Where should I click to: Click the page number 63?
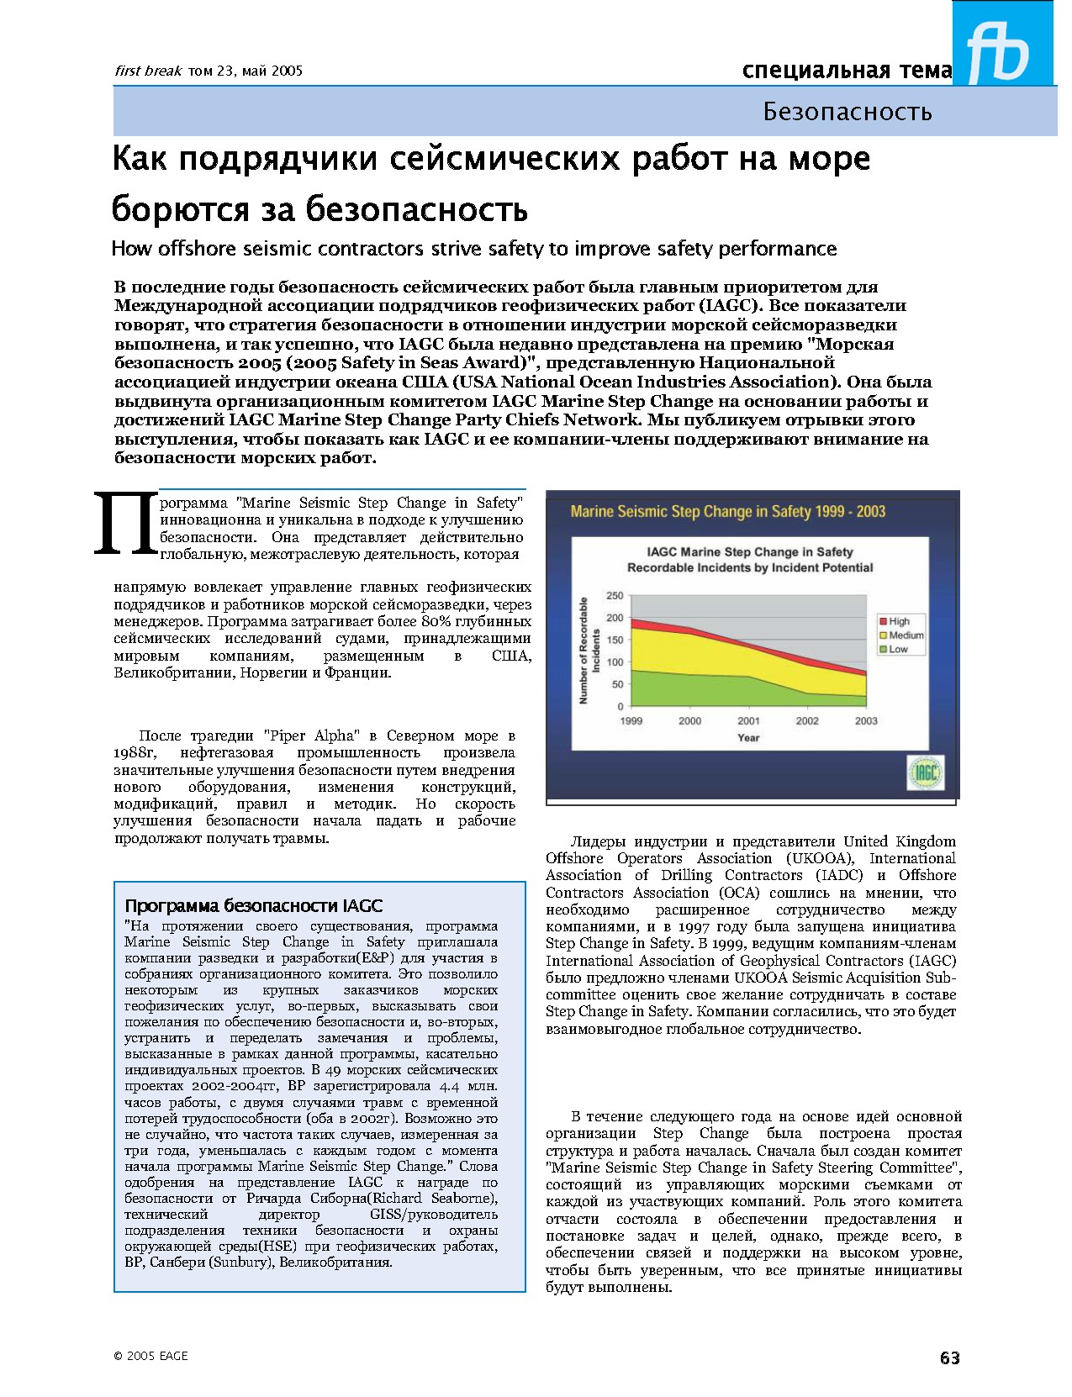[x=949, y=1357]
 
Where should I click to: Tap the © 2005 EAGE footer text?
[x=151, y=1355]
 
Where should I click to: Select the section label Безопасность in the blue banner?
[x=847, y=112]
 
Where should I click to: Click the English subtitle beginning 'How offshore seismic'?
[x=473, y=249]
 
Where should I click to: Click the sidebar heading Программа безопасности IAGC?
[x=253, y=905]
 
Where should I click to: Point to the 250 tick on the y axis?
[x=615, y=596]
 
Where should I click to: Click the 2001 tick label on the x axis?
[x=748, y=720]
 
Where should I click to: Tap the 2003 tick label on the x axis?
[x=865, y=720]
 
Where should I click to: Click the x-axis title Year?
[x=748, y=737]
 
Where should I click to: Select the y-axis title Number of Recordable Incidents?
[x=589, y=651]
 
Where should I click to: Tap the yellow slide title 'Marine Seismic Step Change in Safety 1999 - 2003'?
[x=727, y=511]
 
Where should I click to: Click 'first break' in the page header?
[x=148, y=71]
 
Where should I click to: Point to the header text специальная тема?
[x=847, y=71]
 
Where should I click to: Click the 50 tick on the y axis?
[x=617, y=684]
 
